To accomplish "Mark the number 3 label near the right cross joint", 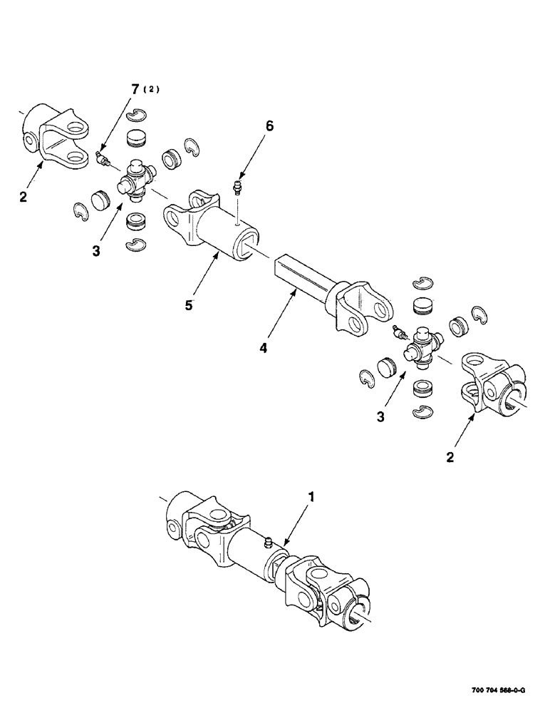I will point(381,415).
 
